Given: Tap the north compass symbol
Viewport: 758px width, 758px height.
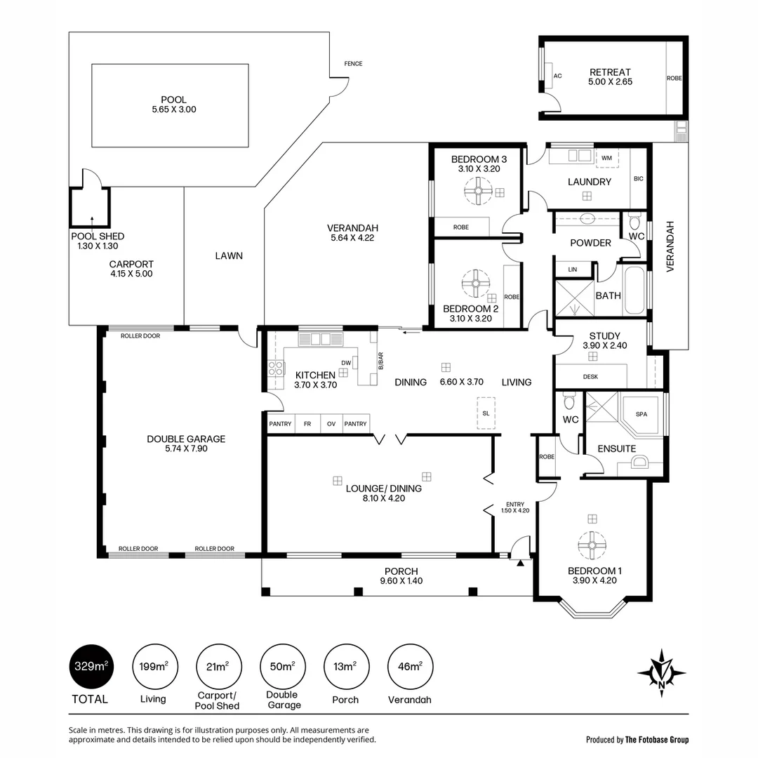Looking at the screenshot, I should point(661,672).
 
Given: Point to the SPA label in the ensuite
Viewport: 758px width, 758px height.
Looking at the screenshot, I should point(641,414).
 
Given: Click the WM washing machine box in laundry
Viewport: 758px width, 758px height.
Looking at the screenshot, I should point(606,159).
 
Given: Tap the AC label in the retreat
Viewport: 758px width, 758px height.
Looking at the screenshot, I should point(558,76).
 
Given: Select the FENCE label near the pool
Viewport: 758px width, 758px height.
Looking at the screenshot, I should point(353,64).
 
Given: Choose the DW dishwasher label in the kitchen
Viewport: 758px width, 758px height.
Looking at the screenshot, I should point(345,363).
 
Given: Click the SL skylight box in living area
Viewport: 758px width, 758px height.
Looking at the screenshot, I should point(486,413).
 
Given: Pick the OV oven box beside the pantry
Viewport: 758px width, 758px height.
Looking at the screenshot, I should point(331,424).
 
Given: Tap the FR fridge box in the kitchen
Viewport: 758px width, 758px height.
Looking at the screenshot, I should point(307,424).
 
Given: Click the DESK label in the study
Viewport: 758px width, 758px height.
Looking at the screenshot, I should point(590,377).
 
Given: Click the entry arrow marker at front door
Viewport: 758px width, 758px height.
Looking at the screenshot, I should point(520,562).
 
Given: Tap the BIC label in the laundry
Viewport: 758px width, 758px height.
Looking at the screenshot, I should point(638,179).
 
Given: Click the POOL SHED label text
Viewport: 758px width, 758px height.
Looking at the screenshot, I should point(98,237).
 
